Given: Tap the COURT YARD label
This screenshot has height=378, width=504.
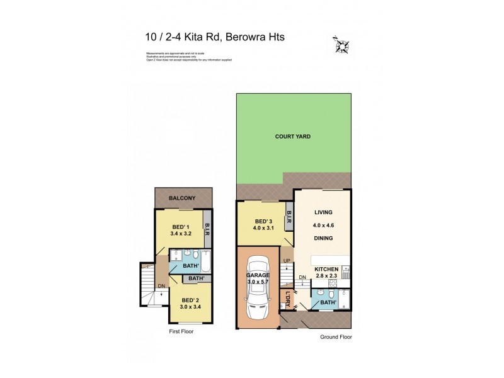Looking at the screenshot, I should (293, 136).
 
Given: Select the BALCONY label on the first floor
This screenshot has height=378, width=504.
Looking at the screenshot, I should (182, 198).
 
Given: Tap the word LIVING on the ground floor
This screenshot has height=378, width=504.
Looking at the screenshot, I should (323, 213).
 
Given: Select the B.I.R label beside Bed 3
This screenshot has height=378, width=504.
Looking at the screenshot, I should (289, 218).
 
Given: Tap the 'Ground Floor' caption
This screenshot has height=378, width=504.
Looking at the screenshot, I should (335, 337).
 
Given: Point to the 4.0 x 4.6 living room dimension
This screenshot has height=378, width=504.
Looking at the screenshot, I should (323, 225).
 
